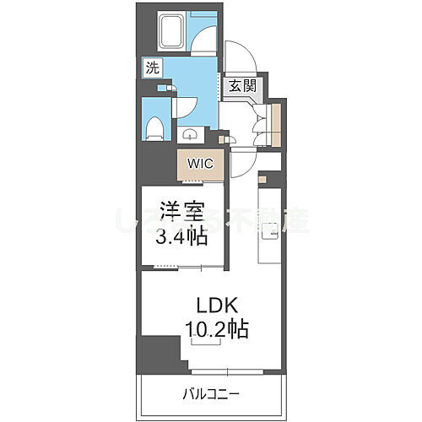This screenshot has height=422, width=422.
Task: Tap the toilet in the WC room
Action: (x=154, y=127)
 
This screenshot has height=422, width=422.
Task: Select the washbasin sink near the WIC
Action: (x=189, y=133)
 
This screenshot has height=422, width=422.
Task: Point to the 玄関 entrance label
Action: (x=239, y=86)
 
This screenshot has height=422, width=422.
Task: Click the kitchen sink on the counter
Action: (x=272, y=228)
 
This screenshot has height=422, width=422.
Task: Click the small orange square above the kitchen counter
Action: (x=262, y=179)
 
